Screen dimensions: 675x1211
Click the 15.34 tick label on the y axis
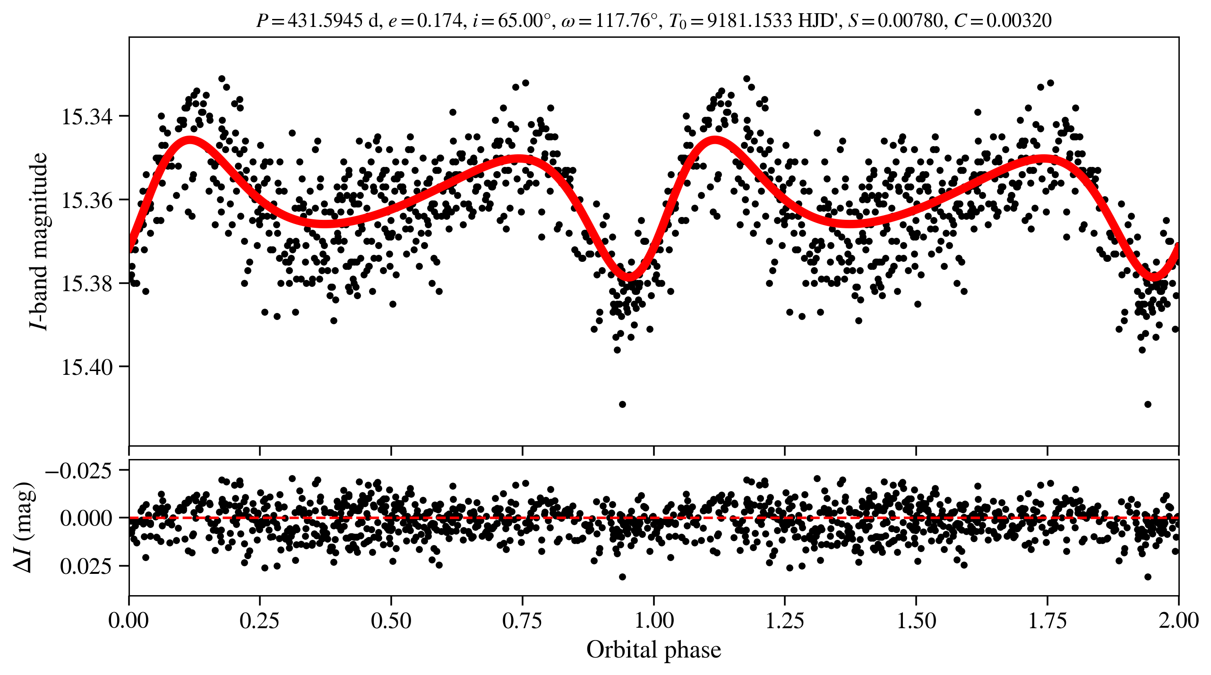click(x=87, y=117)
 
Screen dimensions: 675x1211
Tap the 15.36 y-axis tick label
click(x=87, y=200)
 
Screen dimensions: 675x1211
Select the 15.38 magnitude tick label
click(x=87, y=284)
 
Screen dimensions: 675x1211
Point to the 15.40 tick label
click(x=87, y=367)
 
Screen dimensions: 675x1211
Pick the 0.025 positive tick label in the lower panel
click(x=86, y=566)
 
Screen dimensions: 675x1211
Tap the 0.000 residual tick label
click(x=86, y=519)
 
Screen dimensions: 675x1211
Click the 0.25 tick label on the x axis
click(x=259, y=621)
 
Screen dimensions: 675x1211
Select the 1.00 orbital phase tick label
click(x=653, y=621)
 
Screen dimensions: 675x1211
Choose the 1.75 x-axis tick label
click(x=1048, y=621)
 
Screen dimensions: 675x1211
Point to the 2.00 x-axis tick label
click(x=1178, y=621)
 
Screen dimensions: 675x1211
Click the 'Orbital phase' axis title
click(x=653, y=650)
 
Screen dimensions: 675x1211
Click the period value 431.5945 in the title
click(x=325, y=21)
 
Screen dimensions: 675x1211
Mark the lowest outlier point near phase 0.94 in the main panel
click(x=622, y=404)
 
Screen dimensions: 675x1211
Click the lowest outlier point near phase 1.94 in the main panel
click(x=1148, y=404)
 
